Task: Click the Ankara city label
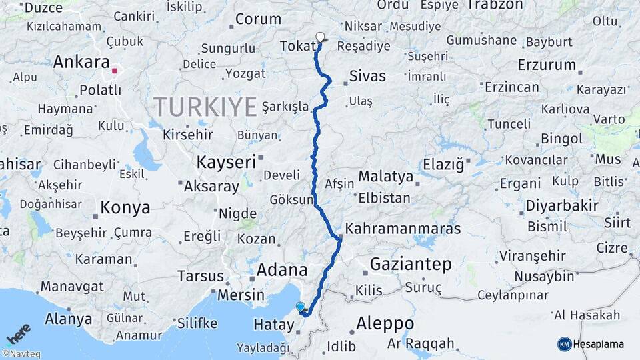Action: (x=81, y=62)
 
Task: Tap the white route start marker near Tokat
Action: (x=321, y=37)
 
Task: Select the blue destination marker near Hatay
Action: (x=301, y=307)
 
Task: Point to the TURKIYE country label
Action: (x=205, y=106)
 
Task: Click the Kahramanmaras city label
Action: (x=401, y=229)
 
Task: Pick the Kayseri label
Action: (x=226, y=161)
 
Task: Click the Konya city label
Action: (x=125, y=208)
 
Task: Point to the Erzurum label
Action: (x=546, y=65)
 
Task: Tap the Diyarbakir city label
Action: (x=562, y=205)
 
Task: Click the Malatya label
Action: (x=385, y=177)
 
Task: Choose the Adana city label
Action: (x=282, y=270)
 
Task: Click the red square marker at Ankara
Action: (x=115, y=70)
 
